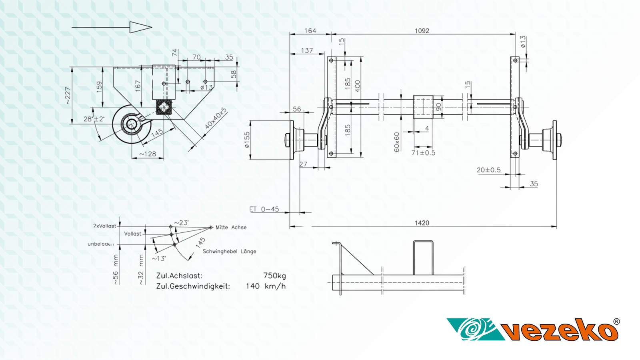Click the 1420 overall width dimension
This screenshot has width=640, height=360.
point(422,223)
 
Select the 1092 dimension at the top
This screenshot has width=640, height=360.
point(422,31)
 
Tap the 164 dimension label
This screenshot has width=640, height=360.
point(310,31)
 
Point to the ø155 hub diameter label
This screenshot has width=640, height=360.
point(247,140)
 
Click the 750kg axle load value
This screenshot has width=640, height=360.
point(274,276)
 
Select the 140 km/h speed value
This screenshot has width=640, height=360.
point(266,286)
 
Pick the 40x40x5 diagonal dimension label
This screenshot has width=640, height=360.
point(216,118)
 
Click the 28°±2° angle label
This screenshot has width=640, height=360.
point(94,119)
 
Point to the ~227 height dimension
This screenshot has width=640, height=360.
point(67,96)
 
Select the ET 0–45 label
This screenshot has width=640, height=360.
point(264,209)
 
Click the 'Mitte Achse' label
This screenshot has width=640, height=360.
point(231,227)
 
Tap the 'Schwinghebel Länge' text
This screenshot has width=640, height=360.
point(229,251)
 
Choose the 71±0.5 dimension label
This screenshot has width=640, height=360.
point(423,153)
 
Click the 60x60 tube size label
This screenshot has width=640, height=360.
point(396,142)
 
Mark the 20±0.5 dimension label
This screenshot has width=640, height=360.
point(488,170)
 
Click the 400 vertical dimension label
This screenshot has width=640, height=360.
point(357,86)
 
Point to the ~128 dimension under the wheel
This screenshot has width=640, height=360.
point(148,154)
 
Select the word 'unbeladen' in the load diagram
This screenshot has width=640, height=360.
point(101,244)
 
